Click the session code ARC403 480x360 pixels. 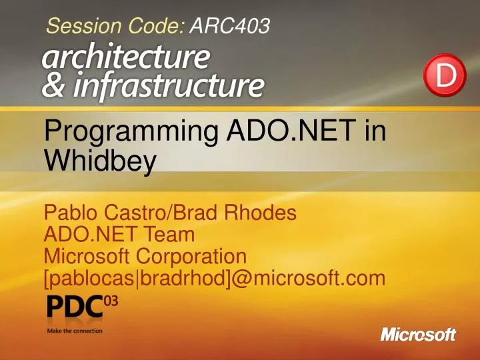[230, 27]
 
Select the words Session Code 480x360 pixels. [115, 27]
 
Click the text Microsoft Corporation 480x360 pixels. [145, 255]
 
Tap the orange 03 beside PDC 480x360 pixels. [111, 302]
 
